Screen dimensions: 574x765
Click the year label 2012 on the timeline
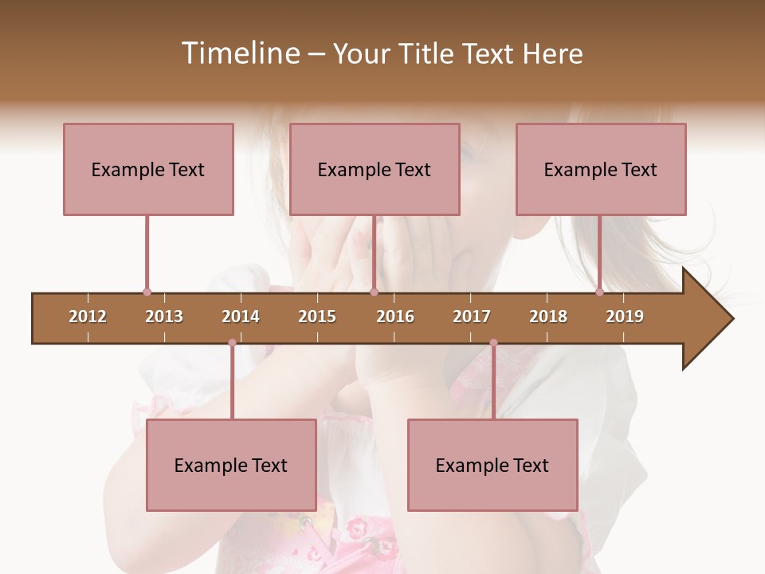click(x=88, y=316)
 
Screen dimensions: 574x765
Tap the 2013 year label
click(x=164, y=316)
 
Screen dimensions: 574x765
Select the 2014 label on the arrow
click(x=241, y=316)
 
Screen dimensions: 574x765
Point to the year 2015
click(x=317, y=316)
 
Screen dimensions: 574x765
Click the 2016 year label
click(x=395, y=316)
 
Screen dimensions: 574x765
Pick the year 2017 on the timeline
click(x=472, y=316)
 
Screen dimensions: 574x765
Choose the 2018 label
click(x=548, y=316)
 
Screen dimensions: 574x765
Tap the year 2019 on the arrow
click(x=625, y=316)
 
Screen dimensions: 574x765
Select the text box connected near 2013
click(x=148, y=169)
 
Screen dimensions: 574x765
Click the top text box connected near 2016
click(x=375, y=169)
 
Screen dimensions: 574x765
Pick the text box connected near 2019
click(x=601, y=169)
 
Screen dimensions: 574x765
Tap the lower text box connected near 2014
click(x=231, y=465)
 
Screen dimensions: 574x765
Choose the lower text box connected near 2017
click(x=492, y=465)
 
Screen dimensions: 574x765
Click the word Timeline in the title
click(x=239, y=53)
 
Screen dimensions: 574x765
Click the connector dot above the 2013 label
click(x=147, y=292)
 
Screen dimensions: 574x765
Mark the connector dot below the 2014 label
click(x=232, y=343)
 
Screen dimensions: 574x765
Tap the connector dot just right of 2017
click(x=493, y=343)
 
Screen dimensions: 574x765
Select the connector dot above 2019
click(x=599, y=292)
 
